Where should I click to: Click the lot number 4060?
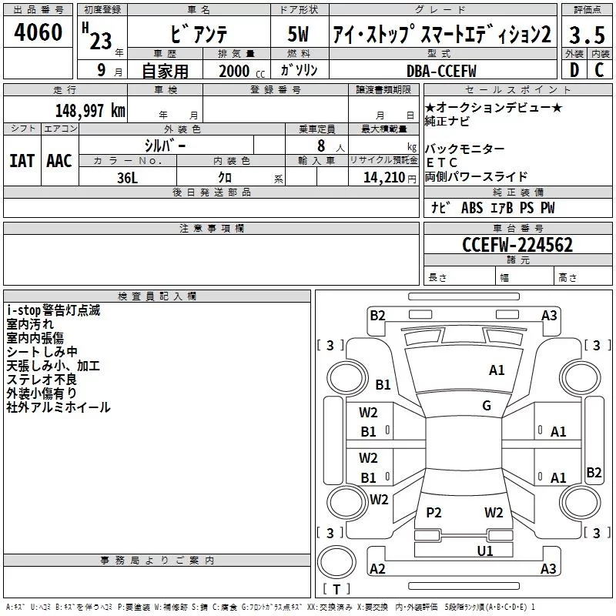tap(38, 32)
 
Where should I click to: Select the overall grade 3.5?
tap(587, 35)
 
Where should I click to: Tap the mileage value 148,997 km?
tap(90, 111)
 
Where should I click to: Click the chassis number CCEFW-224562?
tap(517, 245)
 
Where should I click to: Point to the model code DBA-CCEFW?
tap(441, 71)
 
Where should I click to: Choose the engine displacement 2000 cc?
tap(242, 71)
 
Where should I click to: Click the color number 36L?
tap(127, 178)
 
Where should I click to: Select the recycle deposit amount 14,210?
tap(384, 178)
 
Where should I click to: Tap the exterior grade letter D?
tap(574, 70)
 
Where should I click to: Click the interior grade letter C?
tap(599, 70)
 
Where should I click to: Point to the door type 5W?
tap(298, 34)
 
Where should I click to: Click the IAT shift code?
tap(22, 161)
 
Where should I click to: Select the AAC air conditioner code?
tap(59, 161)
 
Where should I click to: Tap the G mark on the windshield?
tap(487, 405)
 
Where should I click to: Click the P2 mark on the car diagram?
tap(434, 512)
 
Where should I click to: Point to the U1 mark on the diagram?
tap(485, 551)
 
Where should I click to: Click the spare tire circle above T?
tap(336, 562)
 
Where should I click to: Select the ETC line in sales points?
tap(441, 162)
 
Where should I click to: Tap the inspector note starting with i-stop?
tap(53, 310)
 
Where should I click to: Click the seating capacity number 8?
tap(321, 146)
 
